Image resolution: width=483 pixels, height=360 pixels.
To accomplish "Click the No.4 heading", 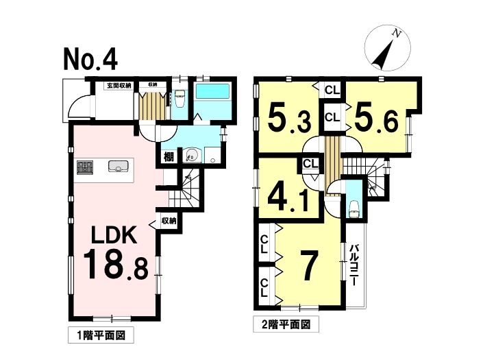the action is [90, 60].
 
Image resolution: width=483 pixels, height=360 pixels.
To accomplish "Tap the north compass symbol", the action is [387, 48].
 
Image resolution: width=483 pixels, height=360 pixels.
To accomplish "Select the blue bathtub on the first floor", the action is [212, 91].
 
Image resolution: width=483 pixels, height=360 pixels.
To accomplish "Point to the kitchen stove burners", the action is [85, 167].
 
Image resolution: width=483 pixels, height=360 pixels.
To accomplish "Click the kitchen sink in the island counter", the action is [119, 166].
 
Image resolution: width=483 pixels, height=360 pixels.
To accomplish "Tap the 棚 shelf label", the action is [169, 157].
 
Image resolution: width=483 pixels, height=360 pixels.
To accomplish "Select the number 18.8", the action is [116, 265].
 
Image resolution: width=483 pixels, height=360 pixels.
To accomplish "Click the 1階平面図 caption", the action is [101, 335].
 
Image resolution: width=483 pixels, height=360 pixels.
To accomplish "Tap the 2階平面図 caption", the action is [286, 324].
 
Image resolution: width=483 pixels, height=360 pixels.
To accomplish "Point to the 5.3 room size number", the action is [288, 117].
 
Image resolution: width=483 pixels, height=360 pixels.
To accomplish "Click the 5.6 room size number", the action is [376, 118].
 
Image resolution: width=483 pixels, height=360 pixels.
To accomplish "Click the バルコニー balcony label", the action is [354, 265].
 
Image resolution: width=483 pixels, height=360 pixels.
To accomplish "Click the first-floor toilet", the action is [179, 98].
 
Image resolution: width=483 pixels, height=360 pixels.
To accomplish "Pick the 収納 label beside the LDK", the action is [169, 221].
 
